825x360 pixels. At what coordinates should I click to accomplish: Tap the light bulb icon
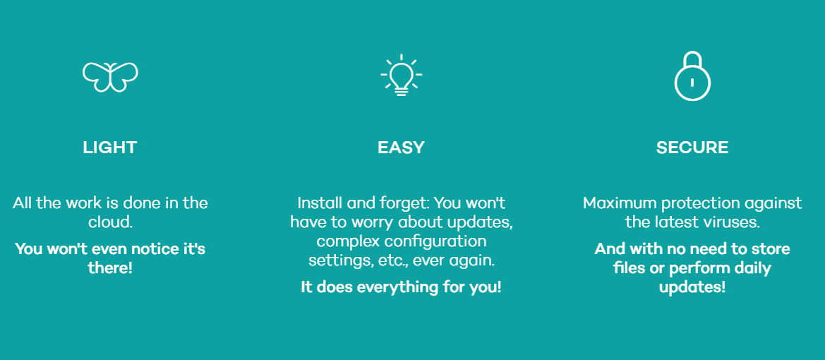(402, 76)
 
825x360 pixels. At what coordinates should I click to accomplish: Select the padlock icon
(692, 76)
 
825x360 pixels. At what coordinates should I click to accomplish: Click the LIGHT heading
(110, 148)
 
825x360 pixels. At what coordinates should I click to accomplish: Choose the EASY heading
(401, 148)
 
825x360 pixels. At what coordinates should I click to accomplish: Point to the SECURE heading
(692, 148)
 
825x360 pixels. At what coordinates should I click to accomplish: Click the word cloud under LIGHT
(110, 222)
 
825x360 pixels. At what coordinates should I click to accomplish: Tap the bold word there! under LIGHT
(110, 268)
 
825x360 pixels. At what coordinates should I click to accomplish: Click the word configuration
(438, 241)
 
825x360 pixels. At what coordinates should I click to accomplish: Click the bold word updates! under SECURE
(692, 287)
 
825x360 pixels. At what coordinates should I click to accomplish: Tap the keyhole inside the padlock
(692, 82)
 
